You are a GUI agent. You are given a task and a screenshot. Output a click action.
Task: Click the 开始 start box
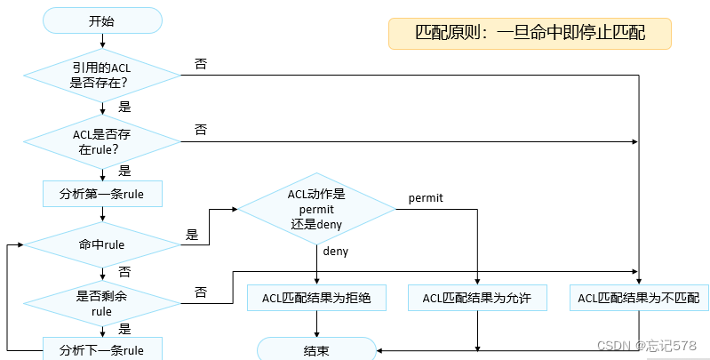[x=101, y=20]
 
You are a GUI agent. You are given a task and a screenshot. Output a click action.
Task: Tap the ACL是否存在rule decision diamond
[x=101, y=140]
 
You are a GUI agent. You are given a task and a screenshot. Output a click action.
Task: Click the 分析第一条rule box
[x=101, y=192]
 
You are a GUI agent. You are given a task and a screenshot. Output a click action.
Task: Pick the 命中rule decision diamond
[x=101, y=244]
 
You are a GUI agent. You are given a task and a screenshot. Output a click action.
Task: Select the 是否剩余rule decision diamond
[x=101, y=304]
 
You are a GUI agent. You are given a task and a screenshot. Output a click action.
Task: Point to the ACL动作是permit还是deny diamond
[x=316, y=210]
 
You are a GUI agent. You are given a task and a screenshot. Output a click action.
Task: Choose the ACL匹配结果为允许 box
[x=478, y=298]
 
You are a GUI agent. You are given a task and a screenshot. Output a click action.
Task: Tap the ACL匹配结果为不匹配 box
[x=639, y=298]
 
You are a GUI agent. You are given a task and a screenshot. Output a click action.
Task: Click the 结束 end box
[x=316, y=350]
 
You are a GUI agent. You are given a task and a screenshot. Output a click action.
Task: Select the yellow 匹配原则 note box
[x=530, y=34]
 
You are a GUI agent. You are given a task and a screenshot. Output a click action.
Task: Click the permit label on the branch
[x=426, y=196]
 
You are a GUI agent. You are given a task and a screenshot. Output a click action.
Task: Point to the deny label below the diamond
[x=336, y=252]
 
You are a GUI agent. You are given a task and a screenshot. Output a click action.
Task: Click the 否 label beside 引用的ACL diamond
[x=201, y=65]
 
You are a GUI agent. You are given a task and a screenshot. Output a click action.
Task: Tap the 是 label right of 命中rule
[x=192, y=236]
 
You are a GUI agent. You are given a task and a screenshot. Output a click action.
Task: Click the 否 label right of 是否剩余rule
[x=201, y=292]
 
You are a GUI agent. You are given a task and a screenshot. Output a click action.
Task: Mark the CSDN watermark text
[x=646, y=345]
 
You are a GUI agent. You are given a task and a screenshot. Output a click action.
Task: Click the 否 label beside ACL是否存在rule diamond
[x=201, y=131]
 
